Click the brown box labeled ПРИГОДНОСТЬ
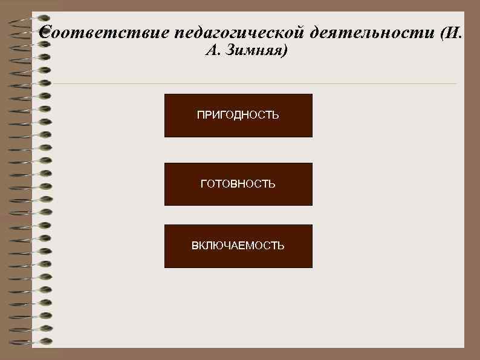[x=238, y=116]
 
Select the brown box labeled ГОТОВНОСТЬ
[x=238, y=185]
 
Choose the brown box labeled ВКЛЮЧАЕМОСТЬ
[x=238, y=246]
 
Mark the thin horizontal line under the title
[x=254, y=83]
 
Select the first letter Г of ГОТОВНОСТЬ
[x=203, y=184]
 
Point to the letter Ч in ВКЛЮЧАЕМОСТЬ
[x=229, y=246]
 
